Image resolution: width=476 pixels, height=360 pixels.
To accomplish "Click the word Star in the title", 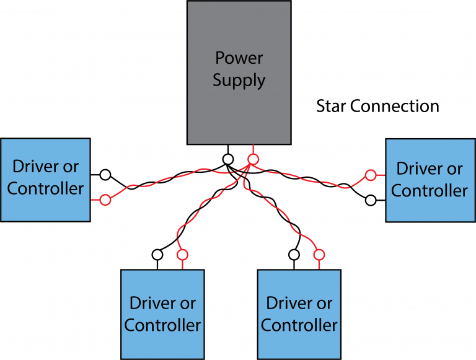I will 331,106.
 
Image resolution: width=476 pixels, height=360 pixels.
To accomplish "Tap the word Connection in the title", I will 395,106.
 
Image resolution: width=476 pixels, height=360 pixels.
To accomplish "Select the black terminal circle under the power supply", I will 228,159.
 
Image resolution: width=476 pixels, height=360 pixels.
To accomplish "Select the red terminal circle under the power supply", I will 252,159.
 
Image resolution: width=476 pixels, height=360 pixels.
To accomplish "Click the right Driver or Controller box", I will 430,180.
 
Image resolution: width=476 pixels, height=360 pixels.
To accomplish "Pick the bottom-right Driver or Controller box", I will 299,314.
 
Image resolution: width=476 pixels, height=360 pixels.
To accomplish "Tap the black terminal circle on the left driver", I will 105,174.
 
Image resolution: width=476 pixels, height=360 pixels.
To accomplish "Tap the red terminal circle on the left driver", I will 105,200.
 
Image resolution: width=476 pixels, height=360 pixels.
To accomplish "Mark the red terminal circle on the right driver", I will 371,175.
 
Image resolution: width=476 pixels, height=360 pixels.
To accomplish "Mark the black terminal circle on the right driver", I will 371,200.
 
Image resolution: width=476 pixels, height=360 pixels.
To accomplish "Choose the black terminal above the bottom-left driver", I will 157,254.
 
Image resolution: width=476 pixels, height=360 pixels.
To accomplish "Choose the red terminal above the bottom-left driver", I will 182,254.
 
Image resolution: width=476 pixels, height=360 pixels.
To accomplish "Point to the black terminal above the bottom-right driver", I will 294,254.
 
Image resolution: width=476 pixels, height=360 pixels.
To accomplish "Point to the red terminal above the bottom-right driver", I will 319,254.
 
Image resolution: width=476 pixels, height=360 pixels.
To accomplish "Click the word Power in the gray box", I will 239,58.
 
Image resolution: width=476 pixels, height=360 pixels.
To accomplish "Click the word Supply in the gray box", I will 239,81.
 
